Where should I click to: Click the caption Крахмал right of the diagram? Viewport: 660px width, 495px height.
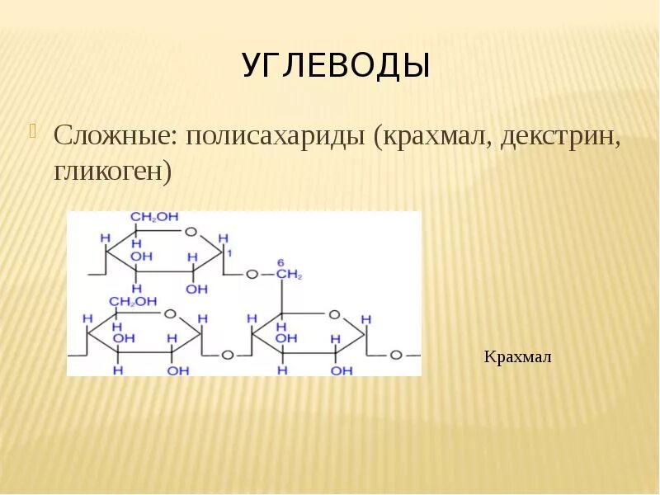[x=517, y=357]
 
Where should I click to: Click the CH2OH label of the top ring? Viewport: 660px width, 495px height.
[x=154, y=217]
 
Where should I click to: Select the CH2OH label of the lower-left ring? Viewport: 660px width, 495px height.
[x=134, y=302]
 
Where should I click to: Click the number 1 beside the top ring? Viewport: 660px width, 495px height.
[x=230, y=252]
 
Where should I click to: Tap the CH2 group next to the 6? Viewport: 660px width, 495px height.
[x=290, y=273]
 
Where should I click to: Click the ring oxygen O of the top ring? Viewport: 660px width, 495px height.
[x=191, y=232]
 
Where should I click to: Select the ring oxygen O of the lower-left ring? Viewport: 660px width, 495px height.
[x=170, y=314]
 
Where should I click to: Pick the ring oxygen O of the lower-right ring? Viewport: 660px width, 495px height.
[x=333, y=314]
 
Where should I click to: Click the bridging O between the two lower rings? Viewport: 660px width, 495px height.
[x=227, y=355]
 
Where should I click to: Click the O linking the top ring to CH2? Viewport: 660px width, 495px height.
[x=252, y=273]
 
